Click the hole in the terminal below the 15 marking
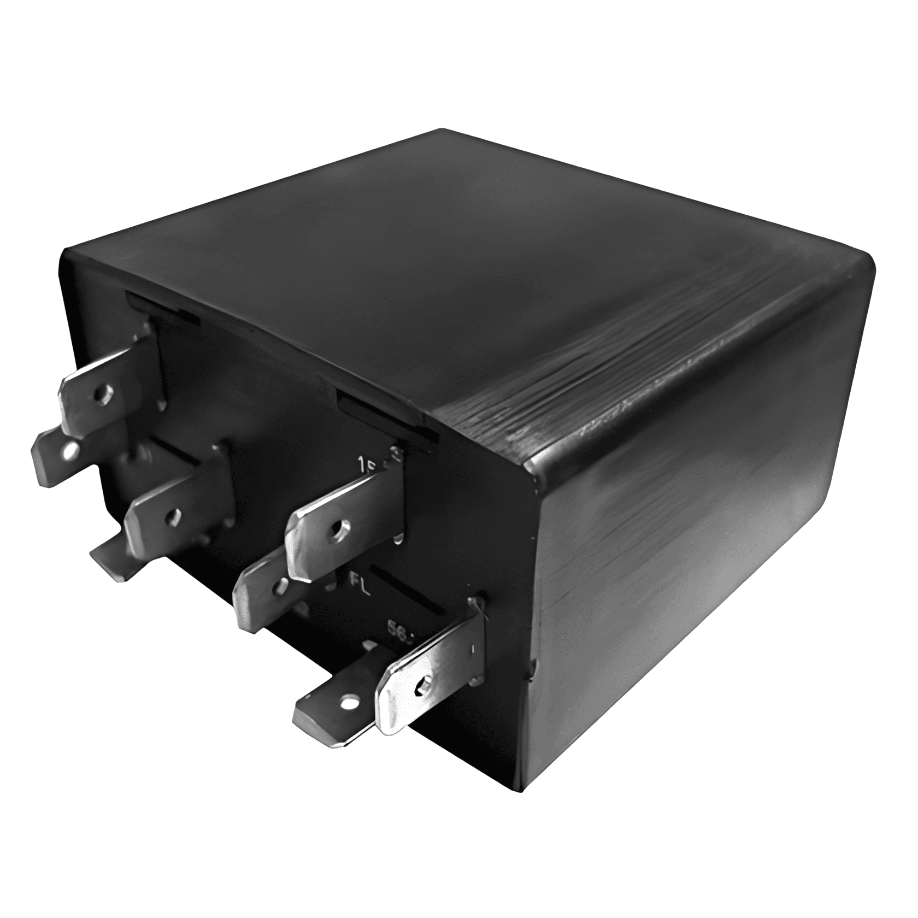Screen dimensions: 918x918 pyautogui.click(x=341, y=526)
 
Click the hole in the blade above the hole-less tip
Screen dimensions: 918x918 pyautogui.click(x=174, y=514)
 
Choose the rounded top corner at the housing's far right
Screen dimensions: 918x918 pyautogui.click(x=866, y=273)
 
